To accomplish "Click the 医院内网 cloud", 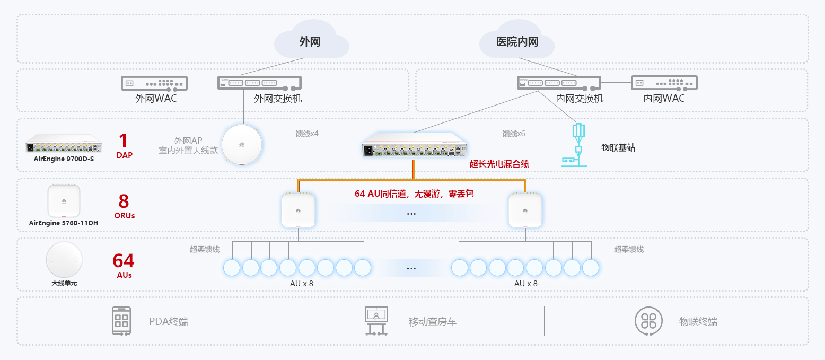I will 516,40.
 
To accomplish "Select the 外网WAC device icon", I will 154,83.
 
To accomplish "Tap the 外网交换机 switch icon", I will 259,83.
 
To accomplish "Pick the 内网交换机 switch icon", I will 559,83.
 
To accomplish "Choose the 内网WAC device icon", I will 664,83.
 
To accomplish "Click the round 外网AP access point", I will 242,145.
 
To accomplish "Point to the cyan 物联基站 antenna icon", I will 578,146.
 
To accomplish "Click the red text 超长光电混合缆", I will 499,164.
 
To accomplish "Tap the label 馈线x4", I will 306,134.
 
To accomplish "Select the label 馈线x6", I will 513,134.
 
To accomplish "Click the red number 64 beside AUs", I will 124,261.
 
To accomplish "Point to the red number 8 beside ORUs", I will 124,201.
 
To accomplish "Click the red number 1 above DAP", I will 124,141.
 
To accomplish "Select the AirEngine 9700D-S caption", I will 64,159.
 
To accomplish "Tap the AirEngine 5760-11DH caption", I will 64,223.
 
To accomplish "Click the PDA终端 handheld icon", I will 121,320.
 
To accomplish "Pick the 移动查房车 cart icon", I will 376,320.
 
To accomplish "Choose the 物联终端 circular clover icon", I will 648,320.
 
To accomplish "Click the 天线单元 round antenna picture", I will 64,259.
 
